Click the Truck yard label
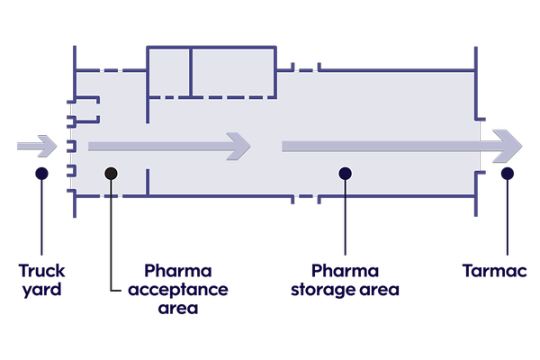click(41, 279)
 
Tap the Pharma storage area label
click(345, 280)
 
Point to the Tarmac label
click(491, 270)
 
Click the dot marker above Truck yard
click(41, 173)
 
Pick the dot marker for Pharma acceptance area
click(111, 173)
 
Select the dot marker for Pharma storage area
click(345, 173)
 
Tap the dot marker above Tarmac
click(508, 173)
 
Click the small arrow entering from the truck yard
click(36, 146)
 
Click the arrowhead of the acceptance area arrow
click(238, 146)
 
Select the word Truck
click(41, 270)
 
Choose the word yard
click(41, 290)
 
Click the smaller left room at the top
click(168, 71)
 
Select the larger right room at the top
click(233, 71)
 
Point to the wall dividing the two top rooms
click(191, 71)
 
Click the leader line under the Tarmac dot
click(508, 216)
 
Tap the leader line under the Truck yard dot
click(41, 216)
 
